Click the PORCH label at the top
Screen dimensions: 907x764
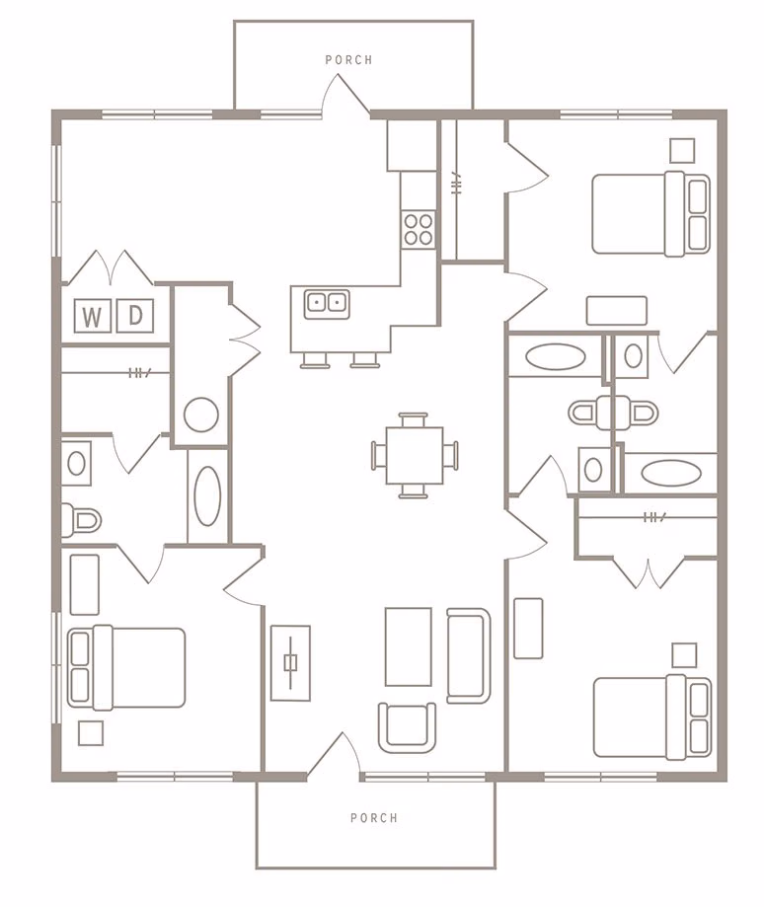348,60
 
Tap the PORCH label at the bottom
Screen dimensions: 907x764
374,818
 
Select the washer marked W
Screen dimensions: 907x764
92,316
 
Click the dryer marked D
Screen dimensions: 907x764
135,316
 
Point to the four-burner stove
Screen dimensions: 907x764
419,229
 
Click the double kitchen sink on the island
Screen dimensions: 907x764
327,302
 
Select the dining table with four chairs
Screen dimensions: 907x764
415,455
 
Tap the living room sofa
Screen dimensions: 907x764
468,655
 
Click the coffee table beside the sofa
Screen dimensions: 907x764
408,646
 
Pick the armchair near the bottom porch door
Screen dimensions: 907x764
408,726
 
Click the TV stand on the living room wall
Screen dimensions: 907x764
290,662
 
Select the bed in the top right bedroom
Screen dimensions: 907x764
649,213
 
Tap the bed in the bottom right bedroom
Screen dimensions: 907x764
650,717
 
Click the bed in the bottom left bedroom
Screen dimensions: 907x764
126,667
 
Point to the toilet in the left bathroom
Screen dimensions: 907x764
82,518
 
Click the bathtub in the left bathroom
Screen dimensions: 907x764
208,495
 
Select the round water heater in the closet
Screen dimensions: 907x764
201,415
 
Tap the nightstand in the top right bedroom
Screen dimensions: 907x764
682,150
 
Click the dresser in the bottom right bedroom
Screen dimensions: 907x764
528,628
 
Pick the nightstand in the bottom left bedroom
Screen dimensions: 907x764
91,733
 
